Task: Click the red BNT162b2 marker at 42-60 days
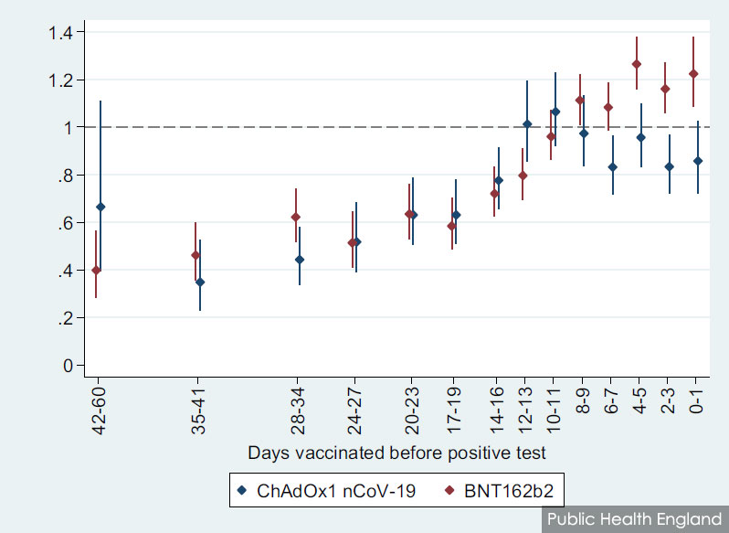[x=96, y=270]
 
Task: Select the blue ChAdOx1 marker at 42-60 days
[x=100, y=207]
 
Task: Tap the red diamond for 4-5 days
[x=637, y=64]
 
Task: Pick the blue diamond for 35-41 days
[x=200, y=282]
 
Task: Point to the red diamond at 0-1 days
[x=693, y=73]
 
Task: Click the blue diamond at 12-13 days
[x=527, y=123]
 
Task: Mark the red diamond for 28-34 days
[x=295, y=217]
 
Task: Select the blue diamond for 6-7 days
[x=613, y=167]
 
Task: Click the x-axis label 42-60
[x=99, y=410]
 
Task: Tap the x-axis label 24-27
[x=354, y=410]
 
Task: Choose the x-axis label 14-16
[x=496, y=410]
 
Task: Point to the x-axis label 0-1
[x=695, y=401]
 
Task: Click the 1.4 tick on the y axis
[x=60, y=33]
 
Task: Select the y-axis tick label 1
[x=68, y=127]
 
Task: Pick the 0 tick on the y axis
[x=68, y=366]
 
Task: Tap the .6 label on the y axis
[x=65, y=223]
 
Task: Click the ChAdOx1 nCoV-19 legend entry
[x=326, y=491]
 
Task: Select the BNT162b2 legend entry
[x=500, y=491]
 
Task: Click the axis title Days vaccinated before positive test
[x=396, y=453]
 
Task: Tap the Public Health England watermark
[x=634, y=518]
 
